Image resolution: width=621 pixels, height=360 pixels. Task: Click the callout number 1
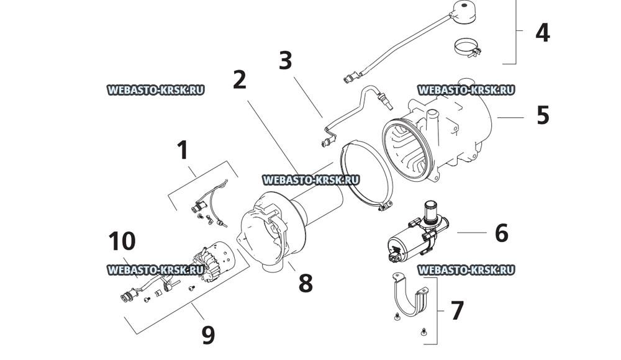click(183, 150)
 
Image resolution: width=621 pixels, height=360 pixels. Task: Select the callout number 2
click(240, 80)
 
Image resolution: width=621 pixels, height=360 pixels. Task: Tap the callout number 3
click(285, 61)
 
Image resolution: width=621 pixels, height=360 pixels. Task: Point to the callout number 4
click(542, 32)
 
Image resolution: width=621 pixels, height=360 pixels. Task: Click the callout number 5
click(543, 115)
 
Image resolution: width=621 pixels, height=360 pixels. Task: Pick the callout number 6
click(501, 233)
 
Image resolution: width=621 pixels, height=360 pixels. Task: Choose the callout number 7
click(457, 310)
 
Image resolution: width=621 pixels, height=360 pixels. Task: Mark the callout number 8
click(305, 283)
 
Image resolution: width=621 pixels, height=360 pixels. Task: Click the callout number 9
click(208, 335)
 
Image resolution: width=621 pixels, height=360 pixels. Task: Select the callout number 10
click(121, 241)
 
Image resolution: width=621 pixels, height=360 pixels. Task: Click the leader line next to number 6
click(471, 233)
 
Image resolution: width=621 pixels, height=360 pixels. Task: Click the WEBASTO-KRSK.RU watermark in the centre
click(311, 179)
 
